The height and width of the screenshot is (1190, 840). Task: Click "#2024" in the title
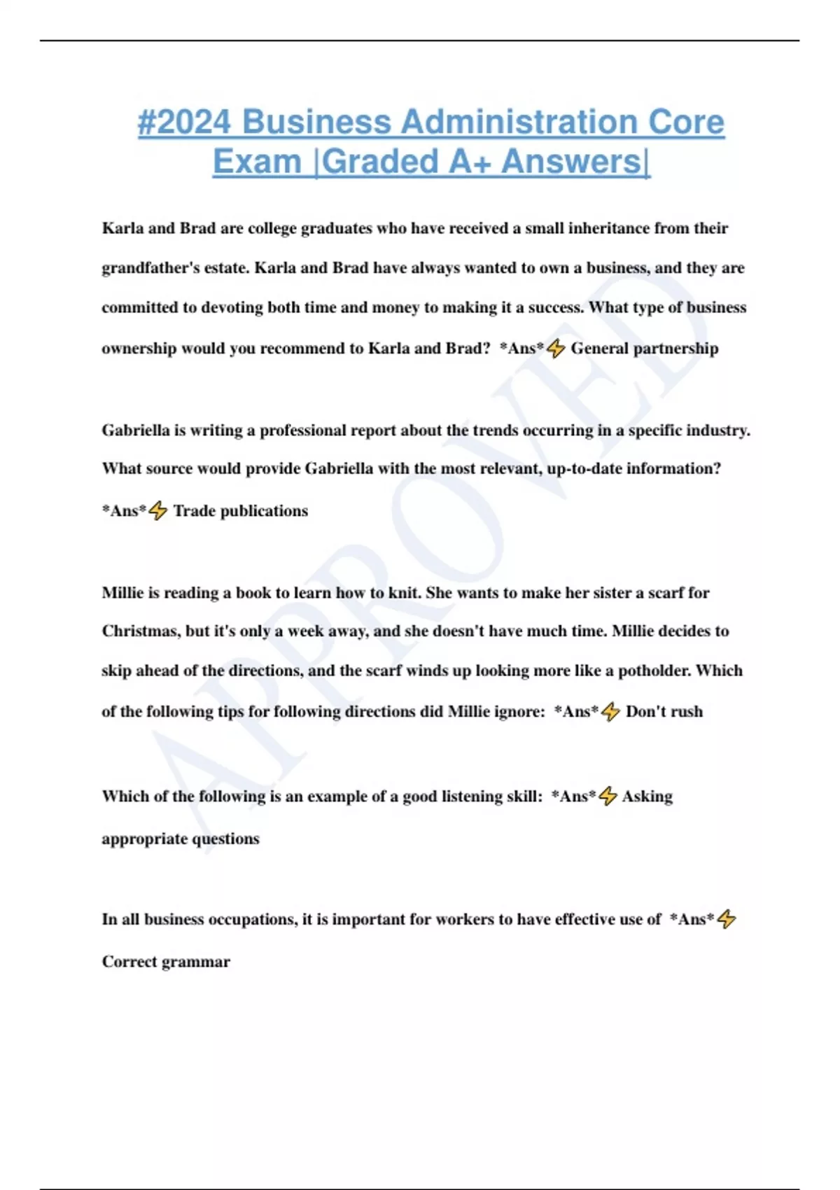(x=183, y=122)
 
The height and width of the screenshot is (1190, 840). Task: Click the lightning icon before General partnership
(x=556, y=348)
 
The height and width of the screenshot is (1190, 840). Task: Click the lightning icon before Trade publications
(x=158, y=510)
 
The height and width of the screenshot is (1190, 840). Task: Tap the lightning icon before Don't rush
(x=610, y=712)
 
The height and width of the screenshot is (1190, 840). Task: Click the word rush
(x=685, y=712)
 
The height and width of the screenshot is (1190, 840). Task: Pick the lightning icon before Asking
(x=608, y=796)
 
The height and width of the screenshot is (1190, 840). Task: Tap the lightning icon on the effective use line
(x=727, y=919)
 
